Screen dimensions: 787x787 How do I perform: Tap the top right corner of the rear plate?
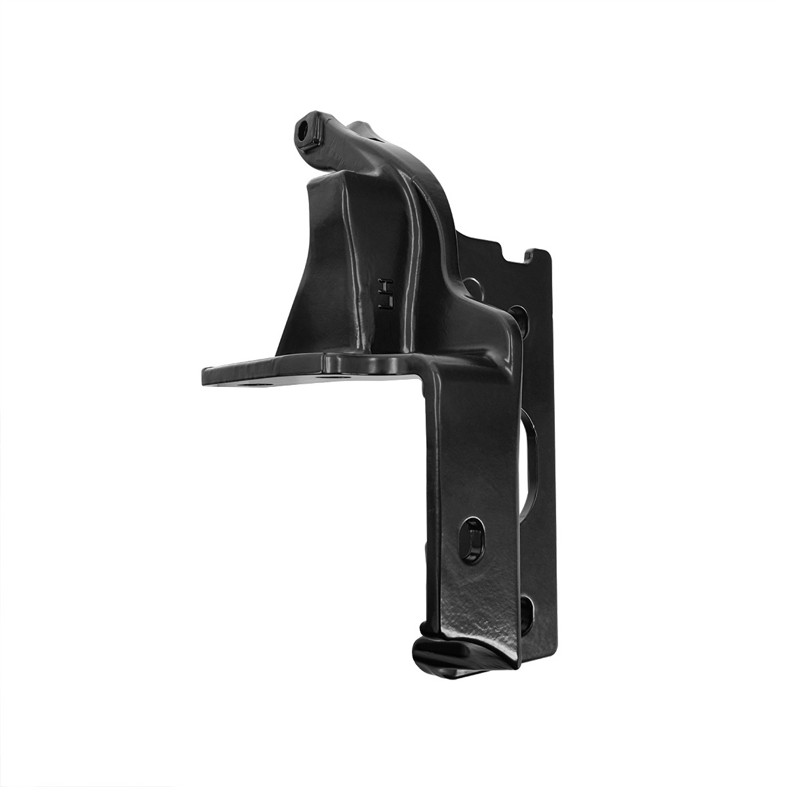547,252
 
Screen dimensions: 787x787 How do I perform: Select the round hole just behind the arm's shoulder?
473,287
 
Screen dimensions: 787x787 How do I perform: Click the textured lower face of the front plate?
472,610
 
